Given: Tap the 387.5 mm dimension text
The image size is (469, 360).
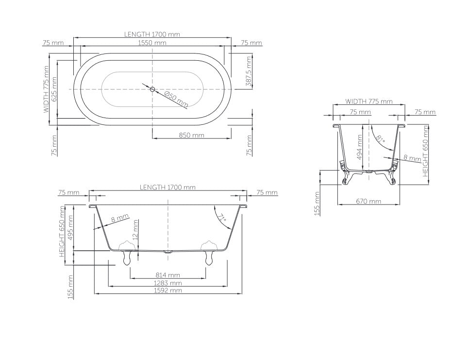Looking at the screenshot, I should pyautogui.click(x=249, y=71).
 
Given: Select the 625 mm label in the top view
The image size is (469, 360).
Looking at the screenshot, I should pyautogui.click(x=54, y=89).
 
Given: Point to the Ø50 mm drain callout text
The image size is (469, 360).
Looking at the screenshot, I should pyautogui.click(x=176, y=99).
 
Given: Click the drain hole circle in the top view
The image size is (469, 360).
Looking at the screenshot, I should pyautogui.click(x=152, y=89).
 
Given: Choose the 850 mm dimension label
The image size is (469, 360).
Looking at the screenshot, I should pyautogui.click(x=191, y=135).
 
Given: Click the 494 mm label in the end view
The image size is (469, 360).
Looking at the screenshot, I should pyautogui.click(x=360, y=147).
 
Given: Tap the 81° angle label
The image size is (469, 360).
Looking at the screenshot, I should pyautogui.click(x=381, y=139).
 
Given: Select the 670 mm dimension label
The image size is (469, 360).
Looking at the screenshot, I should pyautogui.click(x=368, y=201).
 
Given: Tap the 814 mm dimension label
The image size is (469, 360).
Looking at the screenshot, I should pyautogui.click(x=167, y=275).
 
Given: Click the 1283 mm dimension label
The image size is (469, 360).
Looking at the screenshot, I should pyautogui.click(x=167, y=283).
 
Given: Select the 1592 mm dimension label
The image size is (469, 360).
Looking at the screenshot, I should pyautogui.click(x=167, y=290).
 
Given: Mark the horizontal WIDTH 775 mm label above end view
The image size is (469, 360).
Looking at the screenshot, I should pyautogui.click(x=368, y=102).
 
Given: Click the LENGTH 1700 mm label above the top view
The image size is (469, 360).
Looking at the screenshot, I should pyautogui.click(x=152, y=34).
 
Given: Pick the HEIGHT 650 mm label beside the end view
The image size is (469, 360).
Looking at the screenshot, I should pyautogui.click(x=426, y=151).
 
